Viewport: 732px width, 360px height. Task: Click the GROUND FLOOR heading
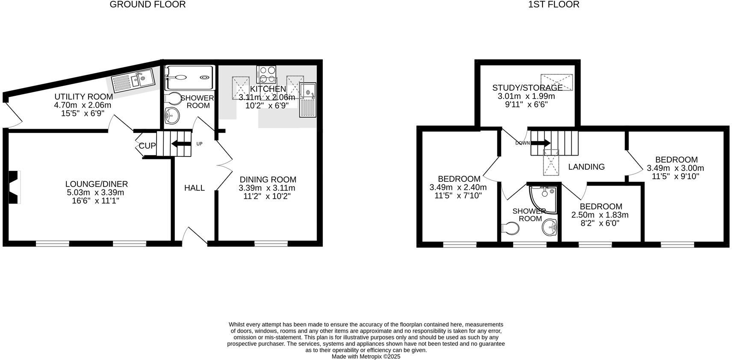click(x=148, y=5)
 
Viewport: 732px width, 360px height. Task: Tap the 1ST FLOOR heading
click(x=554, y=5)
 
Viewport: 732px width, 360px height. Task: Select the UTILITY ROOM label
click(x=83, y=97)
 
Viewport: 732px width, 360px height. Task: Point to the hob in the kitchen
click(x=266, y=74)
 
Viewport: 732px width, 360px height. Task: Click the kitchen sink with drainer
click(x=307, y=100)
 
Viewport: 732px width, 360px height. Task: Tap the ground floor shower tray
click(x=189, y=77)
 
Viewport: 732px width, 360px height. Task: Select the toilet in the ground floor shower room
click(x=173, y=99)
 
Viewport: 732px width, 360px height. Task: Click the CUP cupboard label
click(x=147, y=146)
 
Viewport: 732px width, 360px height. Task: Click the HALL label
click(x=195, y=188)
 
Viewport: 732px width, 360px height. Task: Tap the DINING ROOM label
click(x=268, y=180)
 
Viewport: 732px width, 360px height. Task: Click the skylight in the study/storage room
click(x=556, y=82)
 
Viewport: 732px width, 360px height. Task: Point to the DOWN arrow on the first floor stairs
click(x=540, y=143)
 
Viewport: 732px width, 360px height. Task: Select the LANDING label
click(x=586, y=167)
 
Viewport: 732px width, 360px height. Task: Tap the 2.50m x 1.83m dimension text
click(x=600, y=215)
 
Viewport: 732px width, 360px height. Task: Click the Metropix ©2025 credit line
click(x=366, y=356)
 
